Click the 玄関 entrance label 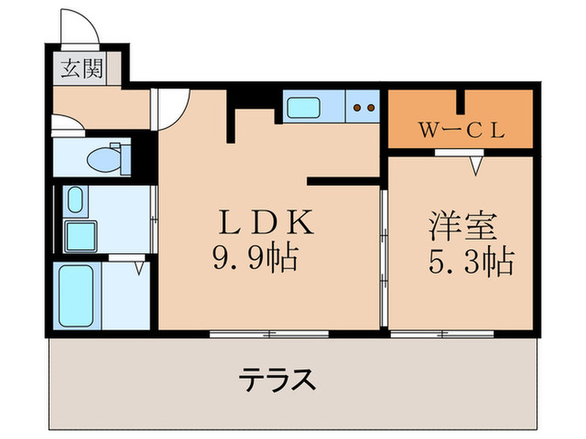[x=81, y=68]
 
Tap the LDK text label [x=266, y=223]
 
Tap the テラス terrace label [x=278, y=381]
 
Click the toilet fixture [x=110, y=156]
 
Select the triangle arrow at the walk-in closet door [x=476, y=166]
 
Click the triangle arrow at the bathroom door [x=139, y=269]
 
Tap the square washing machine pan [x=82, y=237]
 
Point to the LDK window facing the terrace [x=270, y=333]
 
